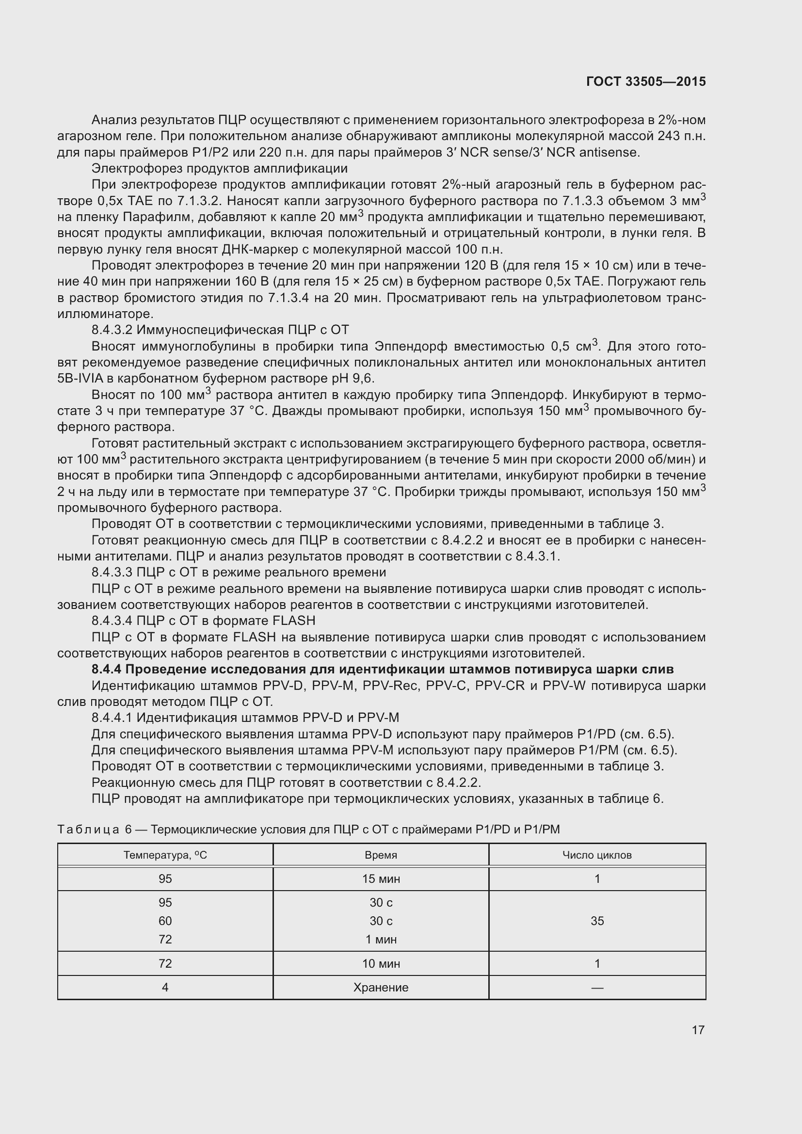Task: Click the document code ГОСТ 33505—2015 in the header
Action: tap(645, 81)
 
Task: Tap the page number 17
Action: tap(698, 1030)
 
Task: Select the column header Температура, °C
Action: tap(165, 855)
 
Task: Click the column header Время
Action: tap(381, 855)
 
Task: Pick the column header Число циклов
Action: tap(596, 855)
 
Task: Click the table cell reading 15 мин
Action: tap(381, 878)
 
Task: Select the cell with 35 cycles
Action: tap(597, 921)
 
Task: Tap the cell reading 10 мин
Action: tap(381, 963)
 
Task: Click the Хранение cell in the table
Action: tap(381, 987)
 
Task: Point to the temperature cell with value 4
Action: tap(165, 987)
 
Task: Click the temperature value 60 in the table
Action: tap(165, 921)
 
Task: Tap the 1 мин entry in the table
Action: tap(381, 939)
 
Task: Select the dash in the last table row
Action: tap(597, 988)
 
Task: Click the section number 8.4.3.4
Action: tap(112, 621)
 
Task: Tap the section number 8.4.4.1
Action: tap(112, 718)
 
